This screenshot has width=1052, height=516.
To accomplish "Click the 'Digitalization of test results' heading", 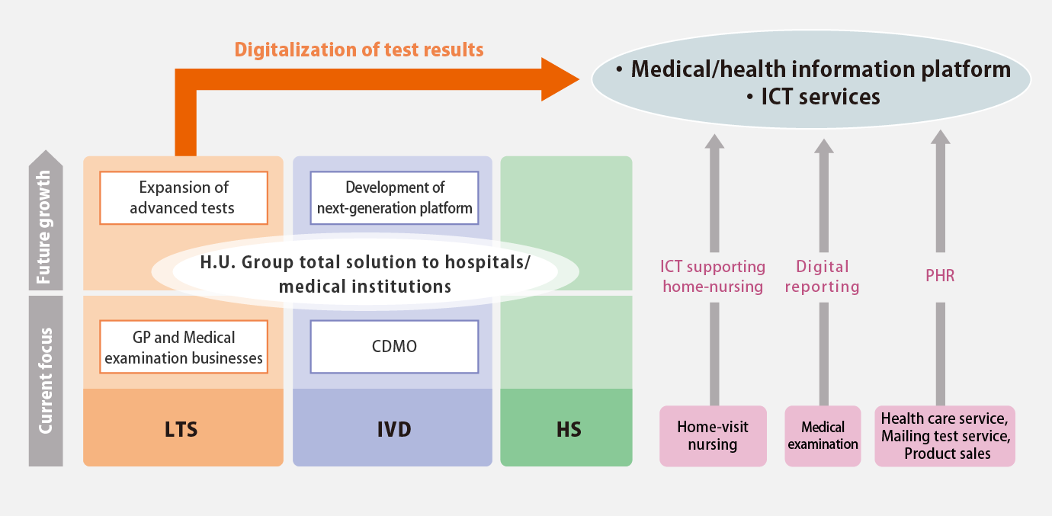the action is (359, 50).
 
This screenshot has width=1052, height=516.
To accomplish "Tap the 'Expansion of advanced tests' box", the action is (184, 197).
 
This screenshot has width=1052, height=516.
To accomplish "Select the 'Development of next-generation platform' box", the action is (395, 197).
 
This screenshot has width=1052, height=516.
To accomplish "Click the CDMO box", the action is (395, 347).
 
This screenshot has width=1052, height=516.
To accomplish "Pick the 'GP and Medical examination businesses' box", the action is (184, 347).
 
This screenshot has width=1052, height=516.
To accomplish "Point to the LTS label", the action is (181, 430).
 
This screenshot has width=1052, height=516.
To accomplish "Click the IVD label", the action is (394, 430).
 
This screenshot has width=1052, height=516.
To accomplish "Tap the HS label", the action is (569, 430).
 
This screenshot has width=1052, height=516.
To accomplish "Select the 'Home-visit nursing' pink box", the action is (713, 436).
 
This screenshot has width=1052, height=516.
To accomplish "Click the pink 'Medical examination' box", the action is (823, 436).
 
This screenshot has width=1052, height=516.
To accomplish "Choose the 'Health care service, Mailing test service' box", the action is (945, 436).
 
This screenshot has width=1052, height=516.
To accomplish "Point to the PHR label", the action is (940, 276).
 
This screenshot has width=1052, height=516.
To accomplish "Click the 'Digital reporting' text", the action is (823, 277).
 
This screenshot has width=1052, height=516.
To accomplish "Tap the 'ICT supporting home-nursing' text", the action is (713, 277).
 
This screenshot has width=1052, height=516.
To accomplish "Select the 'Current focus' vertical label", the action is (45, 381).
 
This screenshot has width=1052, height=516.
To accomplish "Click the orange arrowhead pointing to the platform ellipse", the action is (560, 79).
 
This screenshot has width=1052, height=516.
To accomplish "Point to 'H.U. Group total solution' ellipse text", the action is (365, 274).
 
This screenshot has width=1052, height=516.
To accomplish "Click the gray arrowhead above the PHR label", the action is (940, 136).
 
